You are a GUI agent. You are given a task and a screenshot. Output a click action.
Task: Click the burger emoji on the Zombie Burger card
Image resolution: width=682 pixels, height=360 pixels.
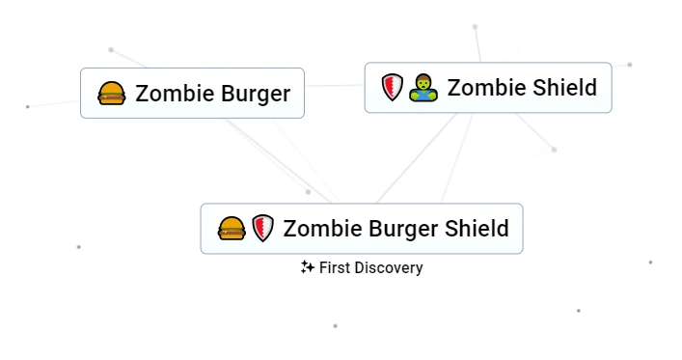tap(112, 94)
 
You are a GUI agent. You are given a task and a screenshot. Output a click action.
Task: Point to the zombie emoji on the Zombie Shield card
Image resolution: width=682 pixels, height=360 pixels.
tap(423, 88)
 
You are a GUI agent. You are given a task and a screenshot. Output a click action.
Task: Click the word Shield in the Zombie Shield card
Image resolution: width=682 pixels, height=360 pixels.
tap(564, 88)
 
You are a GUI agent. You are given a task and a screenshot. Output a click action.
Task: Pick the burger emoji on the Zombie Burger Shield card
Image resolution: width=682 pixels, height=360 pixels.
tap(232, 229)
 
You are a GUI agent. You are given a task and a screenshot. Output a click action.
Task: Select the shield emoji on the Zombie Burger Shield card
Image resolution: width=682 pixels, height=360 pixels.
tap(262, 229)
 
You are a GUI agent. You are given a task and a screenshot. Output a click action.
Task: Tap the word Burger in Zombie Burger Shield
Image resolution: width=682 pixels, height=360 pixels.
tap(399, 229)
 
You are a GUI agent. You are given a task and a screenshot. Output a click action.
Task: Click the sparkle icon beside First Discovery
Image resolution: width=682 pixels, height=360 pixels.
tap(308, 267)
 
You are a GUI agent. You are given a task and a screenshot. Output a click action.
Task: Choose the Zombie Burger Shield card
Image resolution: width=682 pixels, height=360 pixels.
tap(361, 229)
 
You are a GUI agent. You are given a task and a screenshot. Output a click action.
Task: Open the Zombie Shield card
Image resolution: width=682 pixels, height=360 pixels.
tap(487, 88)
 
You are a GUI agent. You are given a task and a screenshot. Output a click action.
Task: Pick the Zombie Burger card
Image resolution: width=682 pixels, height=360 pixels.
tap(192, 94)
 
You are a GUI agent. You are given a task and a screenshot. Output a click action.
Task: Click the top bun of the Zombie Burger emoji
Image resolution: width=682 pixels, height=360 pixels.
tap(112, 88)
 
